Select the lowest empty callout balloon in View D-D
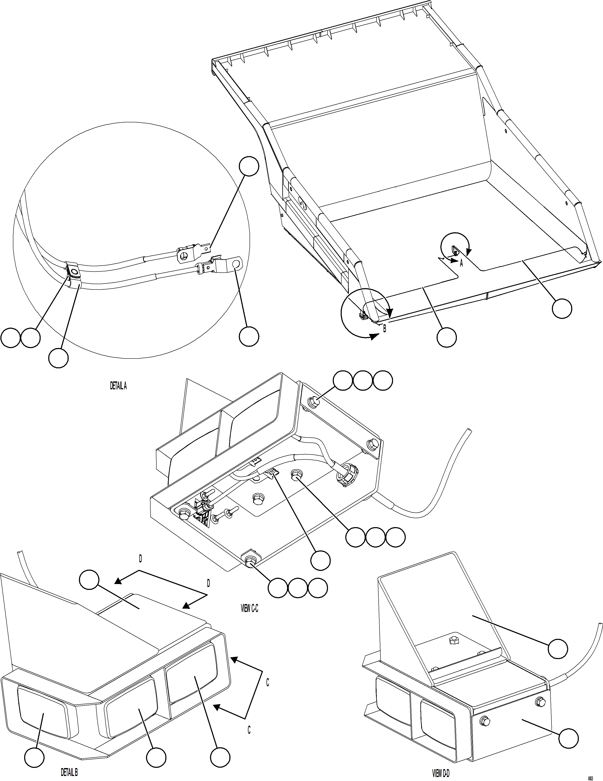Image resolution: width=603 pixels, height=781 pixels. click(x=568, y=738)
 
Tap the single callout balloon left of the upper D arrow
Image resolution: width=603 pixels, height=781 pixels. click(x=89, y=580)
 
